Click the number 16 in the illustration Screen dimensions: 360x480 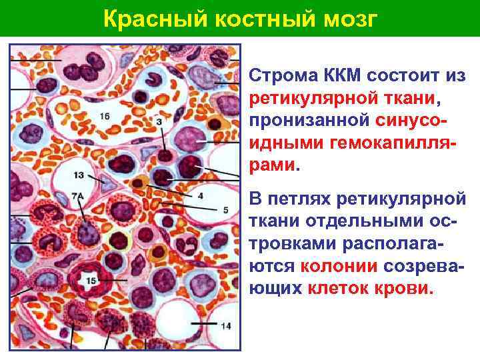pyautogui.click(x=105, y=117)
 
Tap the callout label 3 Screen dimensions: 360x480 pyautogui.click(x=159, y=122)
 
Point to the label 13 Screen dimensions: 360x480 pyautogui.click(x=79, y=175)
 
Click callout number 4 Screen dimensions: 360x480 pyautogui.click(x=201, y=195)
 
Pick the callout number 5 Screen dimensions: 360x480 pyautogui.click(x=225, y=210)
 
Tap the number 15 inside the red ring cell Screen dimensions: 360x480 pyautogui.click(x=91, y=281)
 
